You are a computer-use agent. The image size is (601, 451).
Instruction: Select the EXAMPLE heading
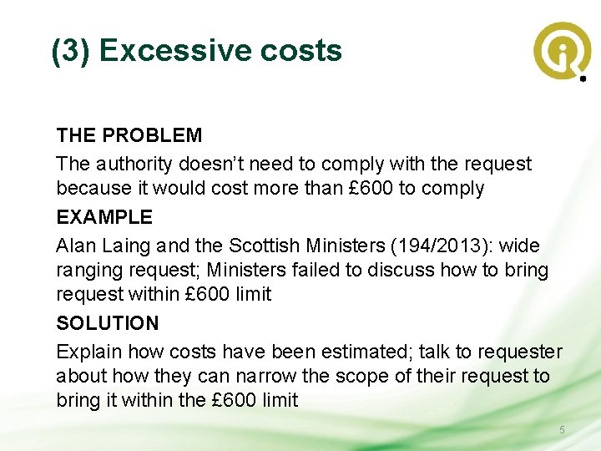coord(104,217)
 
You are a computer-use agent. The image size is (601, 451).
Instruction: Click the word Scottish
coord(264,246)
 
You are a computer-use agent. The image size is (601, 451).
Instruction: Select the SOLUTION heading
coord(107,323)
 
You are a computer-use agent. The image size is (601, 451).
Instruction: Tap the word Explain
coord(89,352)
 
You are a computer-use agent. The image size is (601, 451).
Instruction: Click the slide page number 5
coord(562,430)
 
